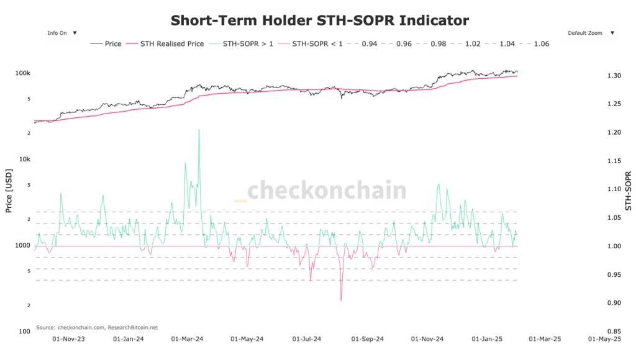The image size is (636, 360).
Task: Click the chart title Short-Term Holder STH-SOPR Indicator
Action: pos(319,20)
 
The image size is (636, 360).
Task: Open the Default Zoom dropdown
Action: pos(589,33)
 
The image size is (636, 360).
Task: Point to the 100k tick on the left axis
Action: pos(22,73)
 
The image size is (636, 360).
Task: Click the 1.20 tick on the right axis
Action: pos(614,132)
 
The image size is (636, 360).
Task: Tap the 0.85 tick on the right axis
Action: pos(614,331)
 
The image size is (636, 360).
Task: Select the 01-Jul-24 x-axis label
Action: pos(307,340)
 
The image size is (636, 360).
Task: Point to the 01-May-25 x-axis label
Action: pos(608,340)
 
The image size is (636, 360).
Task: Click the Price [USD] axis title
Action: pos(9,191)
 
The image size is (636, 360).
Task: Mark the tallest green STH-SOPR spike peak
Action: pos(199,130)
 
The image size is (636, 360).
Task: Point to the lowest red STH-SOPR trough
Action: pos(341,300)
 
